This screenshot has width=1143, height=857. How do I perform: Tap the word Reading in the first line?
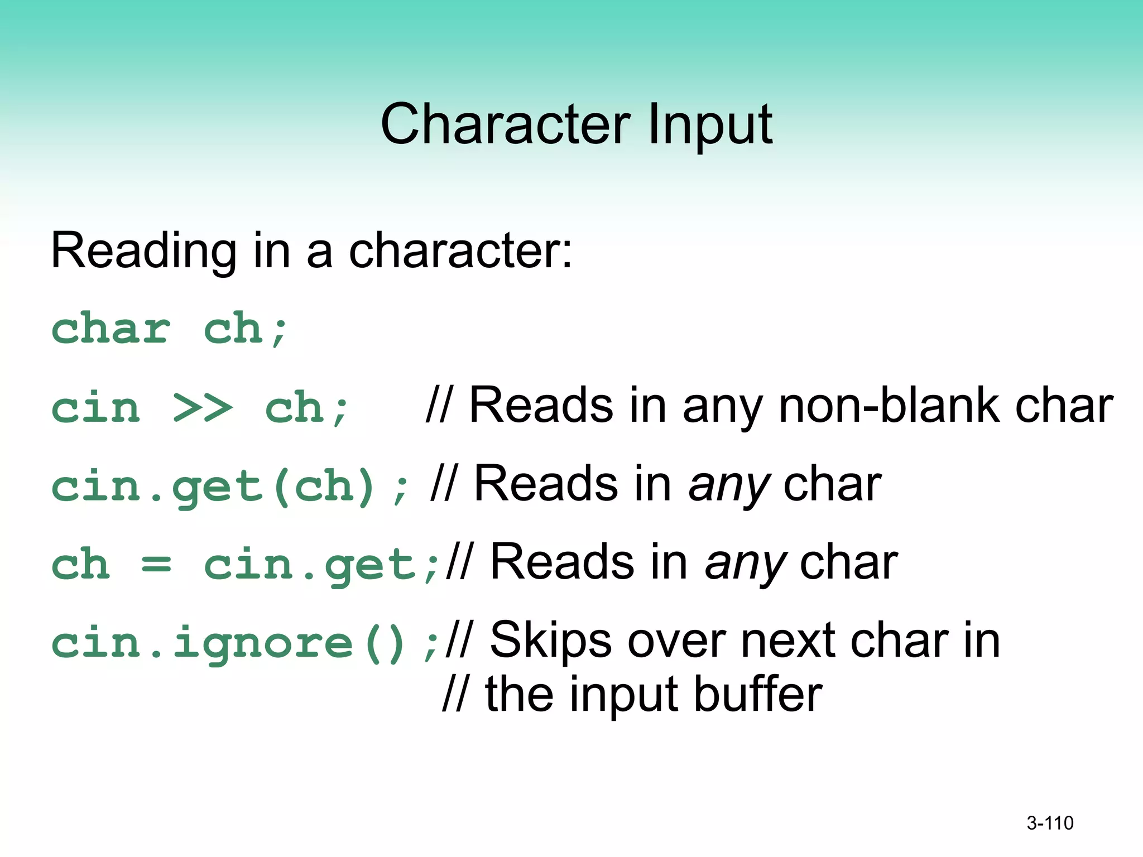[x=143, y=251]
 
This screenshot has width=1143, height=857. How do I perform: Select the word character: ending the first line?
[x=460, y=251]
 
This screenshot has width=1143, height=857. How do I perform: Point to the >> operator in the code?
[x=202, y=407]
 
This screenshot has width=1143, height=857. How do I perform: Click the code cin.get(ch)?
[x=229, y=487]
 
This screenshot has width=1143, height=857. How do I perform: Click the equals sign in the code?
[x=156, y=565]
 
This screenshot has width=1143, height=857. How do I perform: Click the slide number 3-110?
[x=1050, y=823]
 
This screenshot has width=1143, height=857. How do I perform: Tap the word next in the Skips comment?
[x=787, y=642]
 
